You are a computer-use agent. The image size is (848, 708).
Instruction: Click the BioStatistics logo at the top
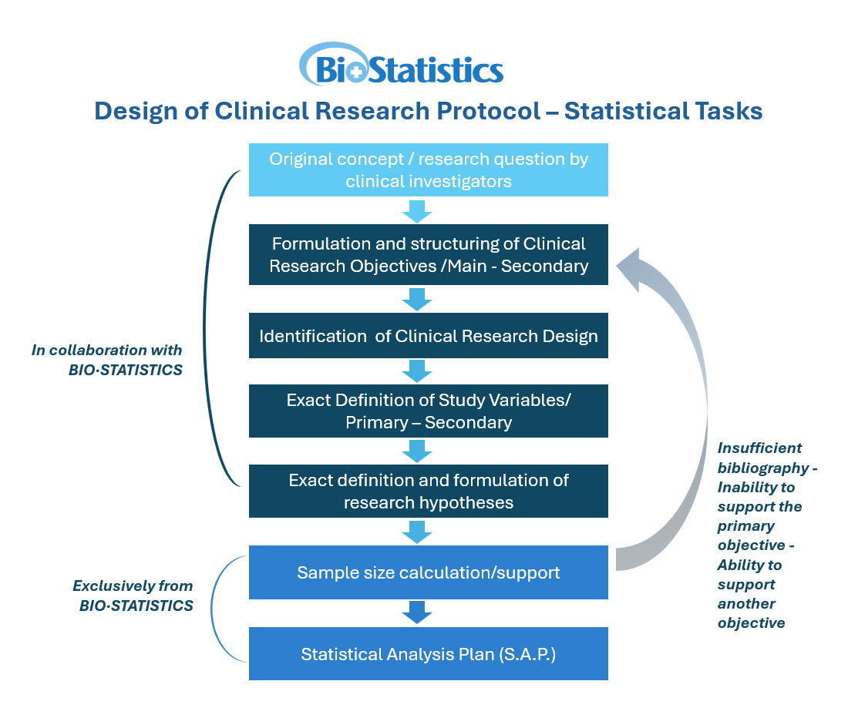point(401,65)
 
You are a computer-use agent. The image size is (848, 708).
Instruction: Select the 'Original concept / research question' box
point(428,170)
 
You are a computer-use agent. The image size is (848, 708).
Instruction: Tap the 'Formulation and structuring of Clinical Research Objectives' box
point(428,254)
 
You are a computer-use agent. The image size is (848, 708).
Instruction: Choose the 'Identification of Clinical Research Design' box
point(428,336)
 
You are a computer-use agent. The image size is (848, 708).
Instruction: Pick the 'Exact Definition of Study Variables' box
point(428,411)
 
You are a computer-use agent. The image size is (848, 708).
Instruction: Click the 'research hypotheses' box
point(428,491)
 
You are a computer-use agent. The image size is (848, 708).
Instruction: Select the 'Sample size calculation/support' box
point(428,572)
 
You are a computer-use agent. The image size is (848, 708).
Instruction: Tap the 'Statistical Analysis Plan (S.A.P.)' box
point(428,654)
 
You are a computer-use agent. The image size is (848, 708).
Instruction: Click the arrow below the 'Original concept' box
point(417,211)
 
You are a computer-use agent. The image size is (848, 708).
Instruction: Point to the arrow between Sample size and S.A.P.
point(417,612)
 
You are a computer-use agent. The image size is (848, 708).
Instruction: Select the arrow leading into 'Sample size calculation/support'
point(417,532)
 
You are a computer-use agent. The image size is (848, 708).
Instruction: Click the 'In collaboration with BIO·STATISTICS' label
point(108,360)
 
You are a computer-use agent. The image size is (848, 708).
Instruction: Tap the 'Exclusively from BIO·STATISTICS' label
point(133,596)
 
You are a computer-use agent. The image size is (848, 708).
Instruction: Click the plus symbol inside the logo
point(356,72)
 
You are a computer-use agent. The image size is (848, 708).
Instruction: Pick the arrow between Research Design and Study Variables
point(417,371)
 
